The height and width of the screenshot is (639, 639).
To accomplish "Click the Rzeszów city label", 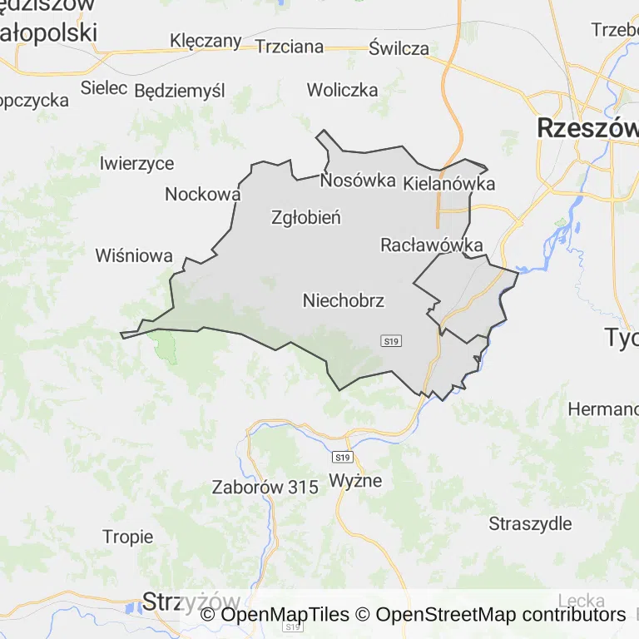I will click(x=587, y=128).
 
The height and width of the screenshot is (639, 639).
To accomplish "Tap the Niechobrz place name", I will click(x=344, y=300).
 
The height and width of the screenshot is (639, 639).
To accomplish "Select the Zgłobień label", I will click(x=306, y=218).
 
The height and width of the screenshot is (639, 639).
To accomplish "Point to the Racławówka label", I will click(x=432, y=245).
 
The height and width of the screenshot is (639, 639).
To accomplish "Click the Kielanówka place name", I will click(x=448, y=184).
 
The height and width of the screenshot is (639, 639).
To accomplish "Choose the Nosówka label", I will click(x=358, y=180).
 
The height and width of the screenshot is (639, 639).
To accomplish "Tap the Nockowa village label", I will click(x=203, y=194).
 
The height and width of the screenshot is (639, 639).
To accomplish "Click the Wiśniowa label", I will click(x=134, y=255).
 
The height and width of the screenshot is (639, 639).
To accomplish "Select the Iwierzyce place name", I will click(x=136, y=163).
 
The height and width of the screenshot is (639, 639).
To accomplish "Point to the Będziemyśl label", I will click(x=180, y=90).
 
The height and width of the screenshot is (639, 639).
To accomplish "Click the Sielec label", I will click(x=104, y=87).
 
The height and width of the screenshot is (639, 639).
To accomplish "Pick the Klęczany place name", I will click(x=206, y=41).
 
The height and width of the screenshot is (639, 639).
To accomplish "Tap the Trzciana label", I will click(x=290, y=47).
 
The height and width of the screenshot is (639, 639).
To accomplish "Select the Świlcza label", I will click(x=399, y=48).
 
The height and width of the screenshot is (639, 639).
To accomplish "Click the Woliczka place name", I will click(x=342, y=90).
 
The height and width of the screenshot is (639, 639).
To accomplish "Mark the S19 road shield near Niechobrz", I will click(x=392, y=341).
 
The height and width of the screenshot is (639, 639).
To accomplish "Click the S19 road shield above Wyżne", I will click(x=342, y=458).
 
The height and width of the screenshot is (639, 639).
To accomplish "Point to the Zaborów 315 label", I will click(x=265, y=488).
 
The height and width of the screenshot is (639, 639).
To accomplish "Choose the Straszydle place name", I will click(x=531, y=523).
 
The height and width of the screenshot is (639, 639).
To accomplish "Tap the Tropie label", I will click(x=128, y=537).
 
